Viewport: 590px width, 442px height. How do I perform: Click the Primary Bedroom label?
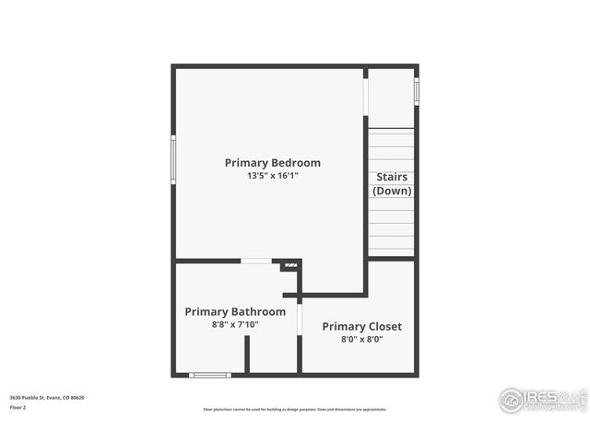[273, 163]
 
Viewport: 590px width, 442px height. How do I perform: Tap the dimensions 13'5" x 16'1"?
[273, 175]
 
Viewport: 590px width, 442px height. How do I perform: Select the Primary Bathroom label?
[235, 311]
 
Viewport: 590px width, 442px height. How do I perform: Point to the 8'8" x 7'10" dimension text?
[235, 324]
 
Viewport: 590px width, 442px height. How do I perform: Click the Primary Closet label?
[361, 326]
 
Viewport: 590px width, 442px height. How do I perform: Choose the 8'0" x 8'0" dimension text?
[361, 339]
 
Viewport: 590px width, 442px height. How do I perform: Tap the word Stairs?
[392, 177]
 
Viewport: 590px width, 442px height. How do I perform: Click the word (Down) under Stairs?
[392, 191]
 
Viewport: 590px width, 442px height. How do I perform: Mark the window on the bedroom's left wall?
[173, 160]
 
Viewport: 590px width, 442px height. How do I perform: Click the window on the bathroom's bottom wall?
[209, 375]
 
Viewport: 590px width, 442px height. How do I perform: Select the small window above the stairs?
[417, 91]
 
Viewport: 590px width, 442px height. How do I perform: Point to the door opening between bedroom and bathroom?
[256, 262]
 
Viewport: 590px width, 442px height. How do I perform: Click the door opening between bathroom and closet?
[300, 319]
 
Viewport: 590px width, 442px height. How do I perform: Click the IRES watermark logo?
[542, 400]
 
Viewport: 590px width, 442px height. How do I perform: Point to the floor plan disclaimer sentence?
[295, 410]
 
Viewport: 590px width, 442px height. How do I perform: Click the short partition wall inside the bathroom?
[247, 355]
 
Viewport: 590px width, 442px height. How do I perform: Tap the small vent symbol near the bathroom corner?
[290, 265]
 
